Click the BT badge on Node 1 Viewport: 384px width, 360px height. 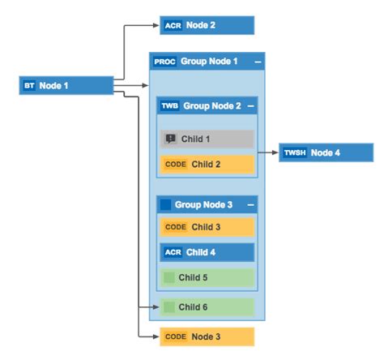click(x=29, y=85)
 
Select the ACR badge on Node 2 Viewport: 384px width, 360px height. click(x=173, y=25)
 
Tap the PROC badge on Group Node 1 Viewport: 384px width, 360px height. click(x=164, y=62)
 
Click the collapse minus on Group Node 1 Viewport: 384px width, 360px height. click(x=258, y=62)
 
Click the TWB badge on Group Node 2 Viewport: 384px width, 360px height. click(x=170, y=106)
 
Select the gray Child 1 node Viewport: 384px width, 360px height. click(x=207, y=139)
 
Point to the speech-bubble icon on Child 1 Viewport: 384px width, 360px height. click(x=170, y=139)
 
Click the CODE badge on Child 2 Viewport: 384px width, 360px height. click(x=176, y=164)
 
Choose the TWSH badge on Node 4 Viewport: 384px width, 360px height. click(x=295, y=152)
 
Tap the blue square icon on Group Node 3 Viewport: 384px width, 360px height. click(x=165, y=204)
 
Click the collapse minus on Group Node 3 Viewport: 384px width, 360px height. click(x=250, y=204)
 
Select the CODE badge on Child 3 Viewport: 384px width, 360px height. click(x=176, y=227)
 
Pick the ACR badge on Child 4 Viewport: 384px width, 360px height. click(x=173, y=252)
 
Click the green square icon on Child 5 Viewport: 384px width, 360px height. click(x=169, y=277)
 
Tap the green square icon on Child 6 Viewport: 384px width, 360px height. click(x=169, y=307)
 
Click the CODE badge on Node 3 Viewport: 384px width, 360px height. click(x=176, y=336)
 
